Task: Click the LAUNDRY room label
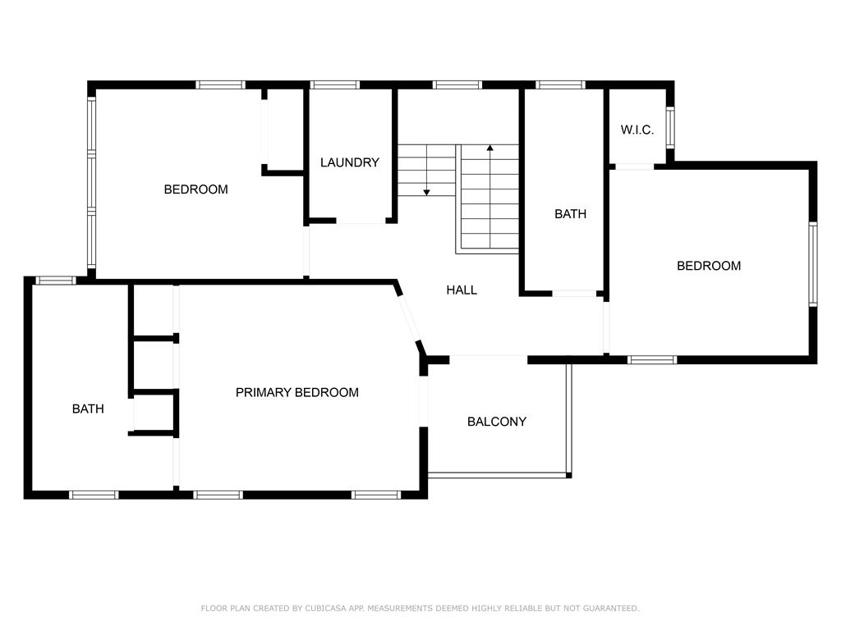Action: point(350,162)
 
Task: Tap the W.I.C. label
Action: point(637,130)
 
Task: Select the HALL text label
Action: point(462,290)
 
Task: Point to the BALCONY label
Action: point(497,422)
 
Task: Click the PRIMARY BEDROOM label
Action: point(297,392)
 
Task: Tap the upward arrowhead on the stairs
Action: point(489,148)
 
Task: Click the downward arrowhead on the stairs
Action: point(426,192)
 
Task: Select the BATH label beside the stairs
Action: point(570,214)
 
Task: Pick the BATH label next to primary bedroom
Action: point(88,409)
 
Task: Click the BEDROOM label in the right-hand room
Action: point(709,266)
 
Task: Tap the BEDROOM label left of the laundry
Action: point(195,189)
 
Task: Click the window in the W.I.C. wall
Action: point(670,127)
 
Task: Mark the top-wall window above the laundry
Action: point(335,84)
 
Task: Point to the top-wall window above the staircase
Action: point(457,84)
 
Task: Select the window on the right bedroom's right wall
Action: point(813,264)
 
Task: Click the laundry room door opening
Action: point(361,221)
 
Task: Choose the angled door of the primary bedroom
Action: point(410,317)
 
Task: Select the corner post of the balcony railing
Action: point(569,475)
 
